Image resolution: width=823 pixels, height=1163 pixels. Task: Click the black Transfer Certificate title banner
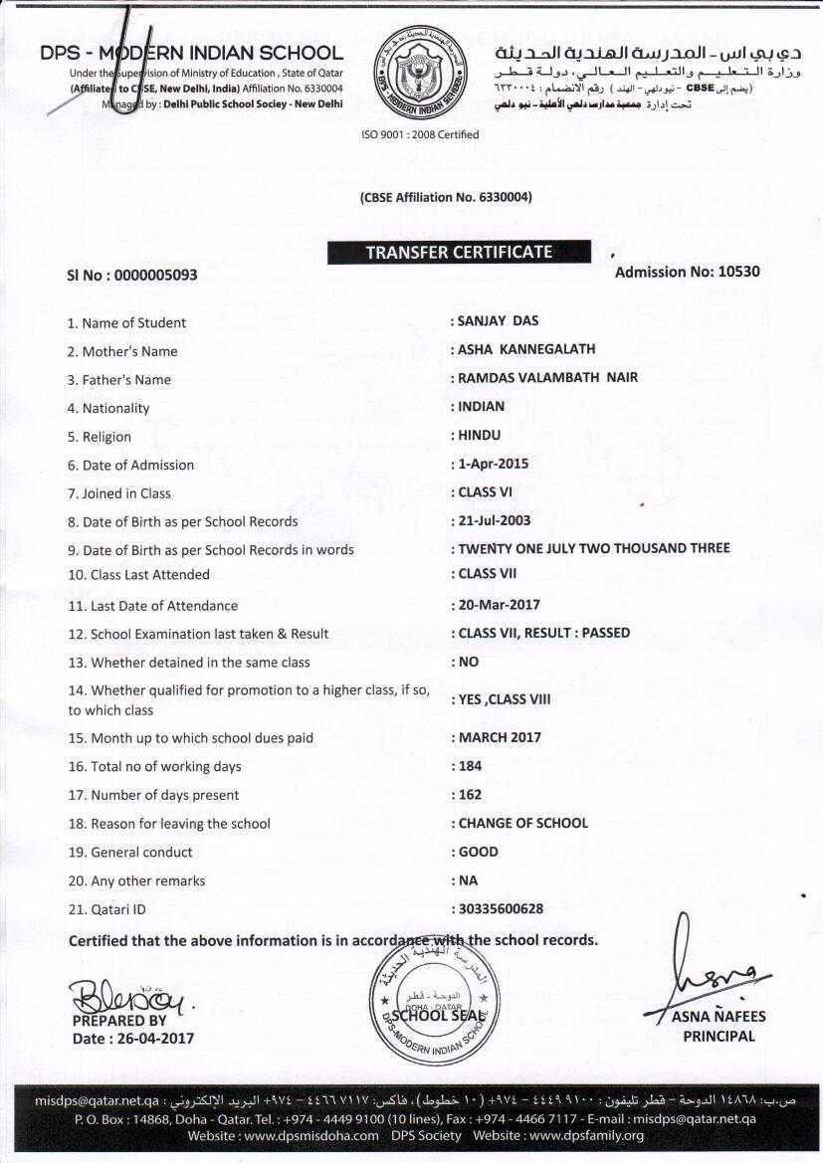458,253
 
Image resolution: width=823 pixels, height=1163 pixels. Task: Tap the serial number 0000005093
156,275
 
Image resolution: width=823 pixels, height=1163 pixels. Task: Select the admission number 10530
738,272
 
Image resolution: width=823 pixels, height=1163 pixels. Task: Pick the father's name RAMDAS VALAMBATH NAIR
547,378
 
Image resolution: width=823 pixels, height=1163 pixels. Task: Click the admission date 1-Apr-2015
494,464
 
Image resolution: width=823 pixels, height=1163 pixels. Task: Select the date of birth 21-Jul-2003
495,520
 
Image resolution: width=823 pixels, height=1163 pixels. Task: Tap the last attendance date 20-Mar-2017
499,605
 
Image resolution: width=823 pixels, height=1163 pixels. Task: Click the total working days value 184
471,766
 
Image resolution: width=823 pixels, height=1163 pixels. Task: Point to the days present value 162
471,795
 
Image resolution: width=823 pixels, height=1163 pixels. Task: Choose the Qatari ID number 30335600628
501,908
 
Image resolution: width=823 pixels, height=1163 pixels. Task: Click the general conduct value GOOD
479,852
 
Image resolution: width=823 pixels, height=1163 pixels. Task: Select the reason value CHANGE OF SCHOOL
523,823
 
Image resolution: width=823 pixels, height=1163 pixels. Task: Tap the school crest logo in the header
419,72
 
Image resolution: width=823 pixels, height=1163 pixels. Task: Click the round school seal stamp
435,1001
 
